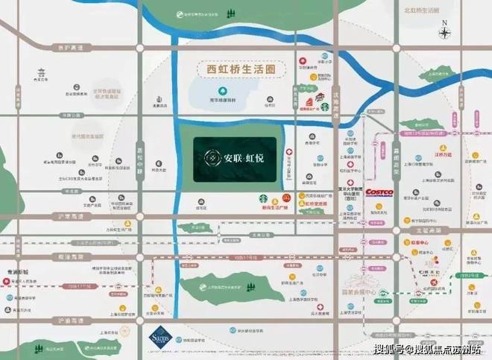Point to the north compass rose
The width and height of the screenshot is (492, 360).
[444, 32]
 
